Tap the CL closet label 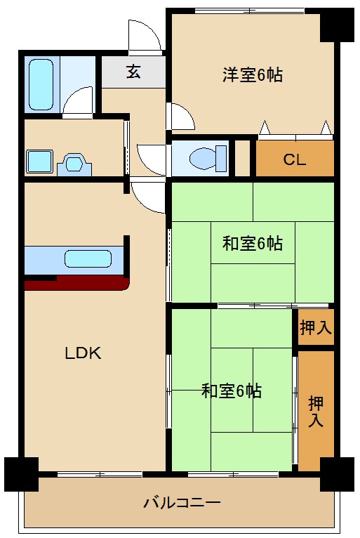pyautogui.click(x=294, y=159)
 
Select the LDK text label pyautogui.click(x=84, y=353)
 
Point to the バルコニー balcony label pyautogui.click(x=182, y=503)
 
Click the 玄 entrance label pyautogui.click(x=133, y=72)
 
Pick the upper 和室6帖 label pyautogui.click(x=252, y=244)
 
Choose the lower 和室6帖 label pyautogui.click(x=231, y=391)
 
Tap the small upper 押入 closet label pyautogui.click(x=316, y=327)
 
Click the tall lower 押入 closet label pyautogui.click(x=316, y=412)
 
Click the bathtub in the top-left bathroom pyautogui.click(x=42, y=84)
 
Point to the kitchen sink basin pyautogui.click(x=88, y=258)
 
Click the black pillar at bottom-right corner pyautogui.click(x=337, y=473)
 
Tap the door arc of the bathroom pyautogui.click(x=79, y=100)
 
